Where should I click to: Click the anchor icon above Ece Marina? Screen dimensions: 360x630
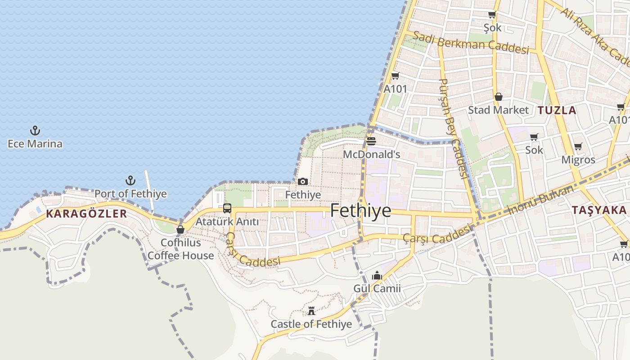point(35,131)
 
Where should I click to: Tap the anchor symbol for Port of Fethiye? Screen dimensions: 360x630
point(130,181)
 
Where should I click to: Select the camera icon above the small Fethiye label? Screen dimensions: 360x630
point(303,182)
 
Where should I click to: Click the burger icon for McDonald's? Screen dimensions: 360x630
point(371,141)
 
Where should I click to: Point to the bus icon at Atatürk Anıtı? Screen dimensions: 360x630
point(227,208)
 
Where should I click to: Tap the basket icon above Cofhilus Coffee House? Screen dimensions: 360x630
point(180,229)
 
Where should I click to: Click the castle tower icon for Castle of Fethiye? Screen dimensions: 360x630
point(311,311)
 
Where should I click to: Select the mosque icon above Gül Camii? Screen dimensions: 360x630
point(377,275)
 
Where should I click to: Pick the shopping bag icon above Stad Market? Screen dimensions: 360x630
point(499,97)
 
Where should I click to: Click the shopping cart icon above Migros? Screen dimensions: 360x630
point(578,147)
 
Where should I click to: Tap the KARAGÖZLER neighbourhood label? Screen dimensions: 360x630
point(86,214)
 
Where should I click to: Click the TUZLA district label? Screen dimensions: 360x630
point(557,110)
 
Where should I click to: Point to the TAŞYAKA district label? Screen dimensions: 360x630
point(599,210)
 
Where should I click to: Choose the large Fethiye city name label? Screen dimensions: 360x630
point(360,211)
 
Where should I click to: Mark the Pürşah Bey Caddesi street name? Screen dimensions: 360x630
point(454,128)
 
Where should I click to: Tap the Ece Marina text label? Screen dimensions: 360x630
point(35,144)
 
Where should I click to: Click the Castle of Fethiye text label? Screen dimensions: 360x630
point(311,324)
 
